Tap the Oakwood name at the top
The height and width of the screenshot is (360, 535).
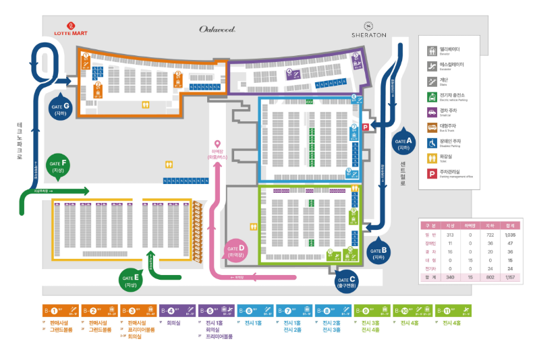(217, 29)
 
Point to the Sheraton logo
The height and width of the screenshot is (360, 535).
(368, 29)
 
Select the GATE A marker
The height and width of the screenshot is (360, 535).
(405, 142)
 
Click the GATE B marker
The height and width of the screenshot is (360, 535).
(378, 251)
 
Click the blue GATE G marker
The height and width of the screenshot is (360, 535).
(60, 107)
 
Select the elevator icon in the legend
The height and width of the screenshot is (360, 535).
(430, 51)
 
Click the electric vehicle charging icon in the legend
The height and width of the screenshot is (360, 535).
(430, 97)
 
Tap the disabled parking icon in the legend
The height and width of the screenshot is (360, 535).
(430, 143)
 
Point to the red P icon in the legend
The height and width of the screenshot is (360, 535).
(430, 174)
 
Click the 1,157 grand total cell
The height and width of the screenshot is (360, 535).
(509, 277)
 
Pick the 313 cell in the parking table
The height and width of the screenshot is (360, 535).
(450, 234)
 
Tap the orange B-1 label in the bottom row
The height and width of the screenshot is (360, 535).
(59, 311)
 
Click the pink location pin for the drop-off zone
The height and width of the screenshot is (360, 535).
(217, 144)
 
